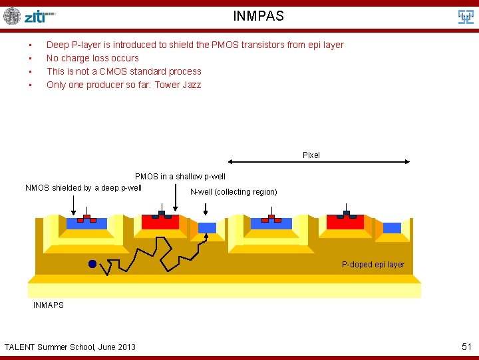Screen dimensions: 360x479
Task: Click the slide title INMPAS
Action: pyautogui.click(x=258, y=16)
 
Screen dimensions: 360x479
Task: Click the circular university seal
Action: pyautogui.click(x=12, y=16)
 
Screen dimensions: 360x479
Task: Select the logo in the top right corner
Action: pyautogui.click(x=466, y=17)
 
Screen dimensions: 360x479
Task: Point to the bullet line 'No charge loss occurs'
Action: pyautogui.click(x=92, y=58)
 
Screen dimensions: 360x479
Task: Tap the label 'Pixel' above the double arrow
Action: pyautogui.click(x=311, y=155)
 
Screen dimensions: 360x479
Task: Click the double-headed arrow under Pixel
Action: pyautogui.click(x=319, y=162)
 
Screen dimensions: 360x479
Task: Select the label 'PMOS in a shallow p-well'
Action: pyautogui.click(x=180, y=177)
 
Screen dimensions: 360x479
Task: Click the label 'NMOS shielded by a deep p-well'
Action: pyautogui.click(x=83, y=188)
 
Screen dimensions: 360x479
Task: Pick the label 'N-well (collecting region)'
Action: pyautogui.click(x=234, y=192)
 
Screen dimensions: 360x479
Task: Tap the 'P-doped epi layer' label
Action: pyautogui.click(x=373, y=265)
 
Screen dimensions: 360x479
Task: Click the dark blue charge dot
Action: pyautogui.click(x=92, y=264)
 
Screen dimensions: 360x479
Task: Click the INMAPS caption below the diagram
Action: pyautogui.click(x=49, y=305)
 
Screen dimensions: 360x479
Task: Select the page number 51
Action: pyautogui.click(x=466, y=347)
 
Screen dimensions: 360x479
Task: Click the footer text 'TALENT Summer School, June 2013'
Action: pyautogui.click(x=70, y=347)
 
